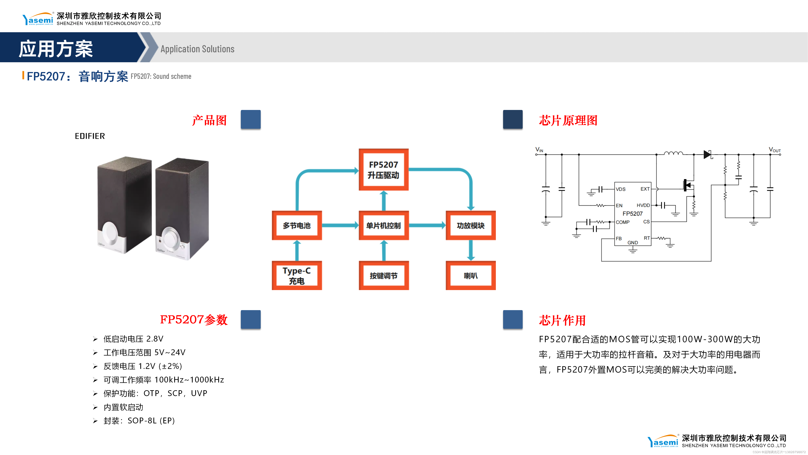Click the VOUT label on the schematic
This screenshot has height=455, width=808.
(774, 150)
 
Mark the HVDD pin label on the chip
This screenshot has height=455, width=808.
(643, 205)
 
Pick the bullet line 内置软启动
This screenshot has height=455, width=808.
(123, 407)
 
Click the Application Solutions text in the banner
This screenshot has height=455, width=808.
(197, 49)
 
